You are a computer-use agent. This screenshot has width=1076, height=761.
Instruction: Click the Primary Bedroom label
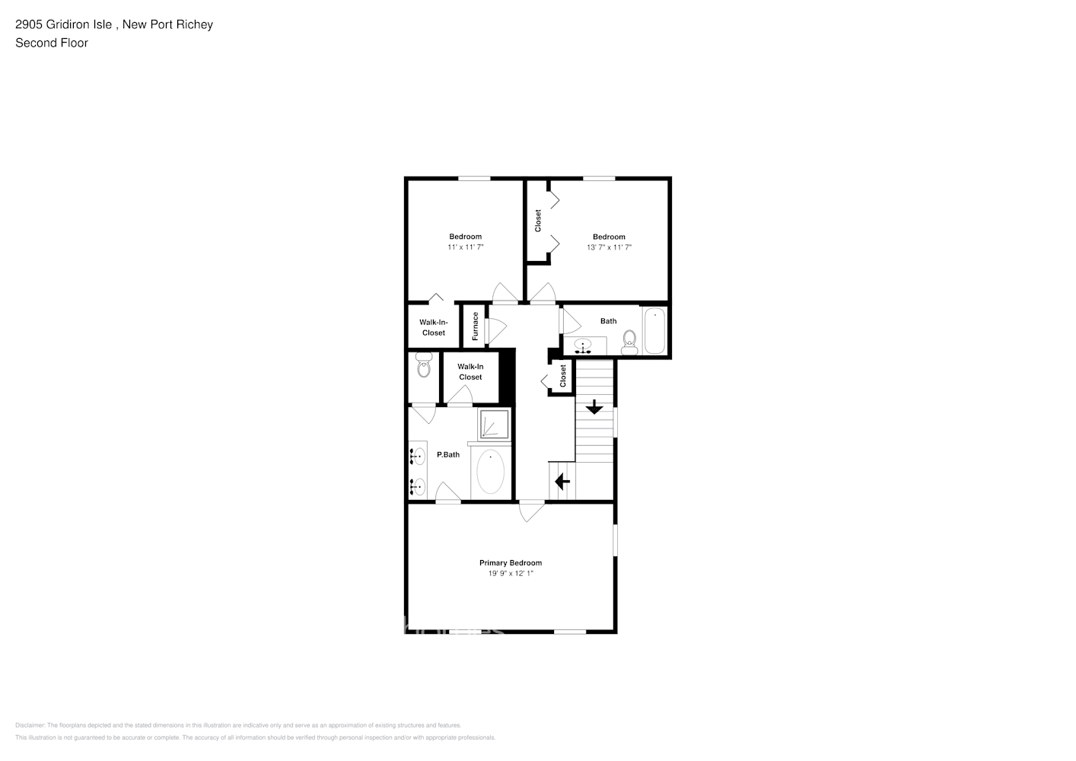click(x=510, y=563)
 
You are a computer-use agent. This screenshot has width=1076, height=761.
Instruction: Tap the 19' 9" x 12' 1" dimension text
click(x=510, y=574)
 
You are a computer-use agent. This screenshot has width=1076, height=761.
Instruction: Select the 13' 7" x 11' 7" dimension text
click(x=609, y=247)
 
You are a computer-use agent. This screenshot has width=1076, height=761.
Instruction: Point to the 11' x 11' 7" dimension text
click(x=465, y=247)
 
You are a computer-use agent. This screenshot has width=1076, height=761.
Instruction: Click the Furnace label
click(x=476, y=326)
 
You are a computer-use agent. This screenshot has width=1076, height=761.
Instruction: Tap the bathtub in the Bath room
click(x=654, y=330)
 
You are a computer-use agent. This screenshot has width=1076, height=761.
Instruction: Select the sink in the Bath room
click(x=584, y=347)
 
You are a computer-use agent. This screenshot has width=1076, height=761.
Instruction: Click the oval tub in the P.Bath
click(x=490, y=473)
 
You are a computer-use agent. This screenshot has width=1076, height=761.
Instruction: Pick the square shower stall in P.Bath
click(x=493, y=425)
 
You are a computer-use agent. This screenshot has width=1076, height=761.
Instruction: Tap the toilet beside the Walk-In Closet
click(x=423, y=366)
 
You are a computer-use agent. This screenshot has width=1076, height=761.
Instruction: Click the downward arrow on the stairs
click(x=594, y=407)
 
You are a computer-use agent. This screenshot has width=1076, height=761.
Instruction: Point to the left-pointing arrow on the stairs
click(x=562, y=482)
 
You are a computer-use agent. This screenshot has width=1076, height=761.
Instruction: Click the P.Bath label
click(x=448, y=455)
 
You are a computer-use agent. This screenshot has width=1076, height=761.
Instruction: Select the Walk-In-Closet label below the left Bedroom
click(x=434, y=327)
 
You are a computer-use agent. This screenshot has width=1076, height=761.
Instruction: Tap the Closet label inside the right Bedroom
click(x=538, y=221)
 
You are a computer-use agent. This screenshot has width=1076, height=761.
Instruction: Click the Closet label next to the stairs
click(x=563, y=376)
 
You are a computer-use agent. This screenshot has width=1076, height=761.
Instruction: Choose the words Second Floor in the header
click(x=52, y=43)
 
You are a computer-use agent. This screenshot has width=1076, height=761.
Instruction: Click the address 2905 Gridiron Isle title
click(x=114, y=24)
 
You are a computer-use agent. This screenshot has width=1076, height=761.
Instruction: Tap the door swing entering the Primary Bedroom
click(x=531, y=511)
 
